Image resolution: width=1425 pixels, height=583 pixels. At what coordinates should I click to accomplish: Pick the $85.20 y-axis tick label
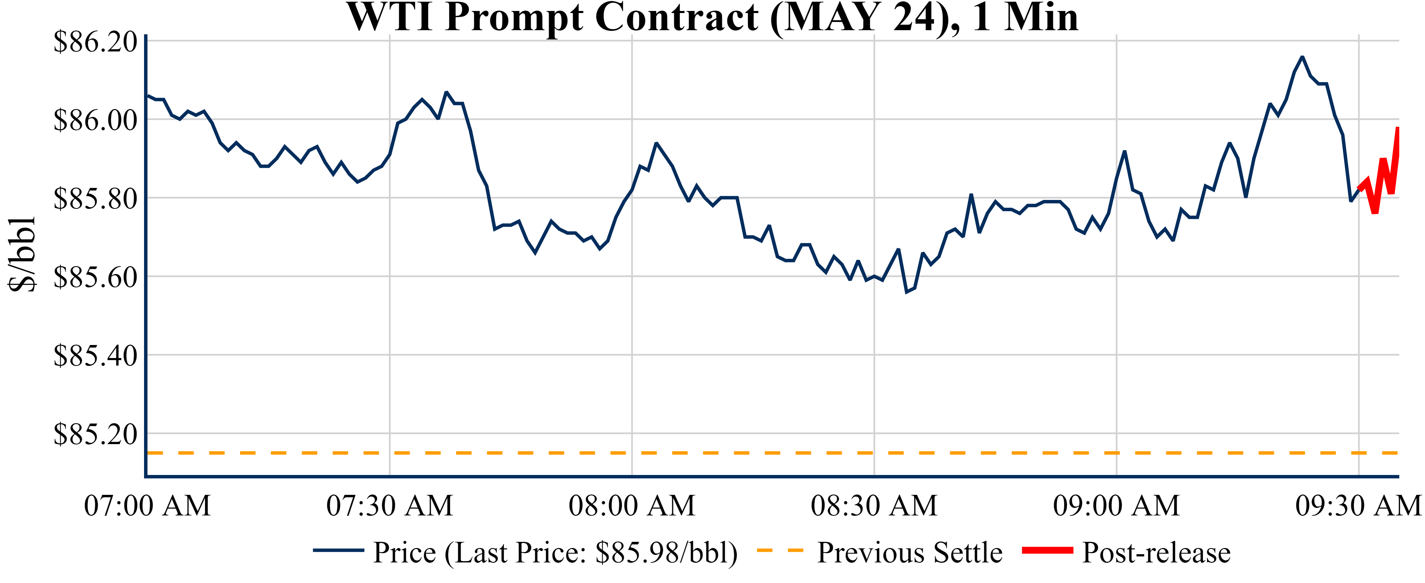point(95,434)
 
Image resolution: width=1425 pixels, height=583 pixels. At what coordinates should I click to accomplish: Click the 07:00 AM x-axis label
point(147,505)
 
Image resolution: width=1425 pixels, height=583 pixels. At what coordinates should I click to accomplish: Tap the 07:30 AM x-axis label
point(390,505)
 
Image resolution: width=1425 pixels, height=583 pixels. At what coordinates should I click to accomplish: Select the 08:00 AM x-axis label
point(632,505)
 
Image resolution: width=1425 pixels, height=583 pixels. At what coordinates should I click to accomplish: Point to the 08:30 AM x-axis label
point(874,505)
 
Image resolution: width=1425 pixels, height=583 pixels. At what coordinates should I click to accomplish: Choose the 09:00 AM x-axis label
point(1116,505)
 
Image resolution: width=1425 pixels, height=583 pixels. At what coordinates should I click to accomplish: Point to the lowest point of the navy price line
point(906,291)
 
